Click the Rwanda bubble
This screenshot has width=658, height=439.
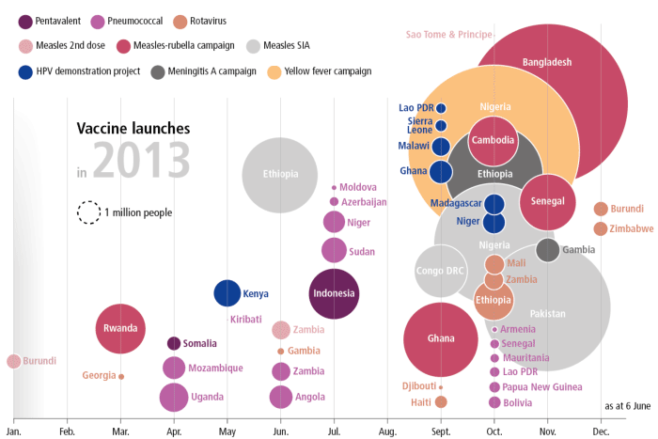120,328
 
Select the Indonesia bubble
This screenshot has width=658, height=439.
334,293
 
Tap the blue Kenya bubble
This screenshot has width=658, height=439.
227,293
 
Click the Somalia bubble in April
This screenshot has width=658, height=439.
173,343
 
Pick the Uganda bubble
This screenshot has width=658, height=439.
173,397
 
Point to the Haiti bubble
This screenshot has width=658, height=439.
441,401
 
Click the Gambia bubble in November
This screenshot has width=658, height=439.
548,249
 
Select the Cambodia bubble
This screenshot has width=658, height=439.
493,140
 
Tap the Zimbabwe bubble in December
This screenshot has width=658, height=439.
601,228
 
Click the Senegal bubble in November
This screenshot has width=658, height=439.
547,201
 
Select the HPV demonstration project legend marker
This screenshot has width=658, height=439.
26,71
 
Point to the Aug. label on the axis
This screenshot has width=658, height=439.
386,431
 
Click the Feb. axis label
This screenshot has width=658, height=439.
67,431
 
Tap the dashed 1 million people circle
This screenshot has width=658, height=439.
88,212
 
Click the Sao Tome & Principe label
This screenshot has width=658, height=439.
449,35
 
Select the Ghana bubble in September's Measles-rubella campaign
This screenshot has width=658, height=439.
441,338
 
